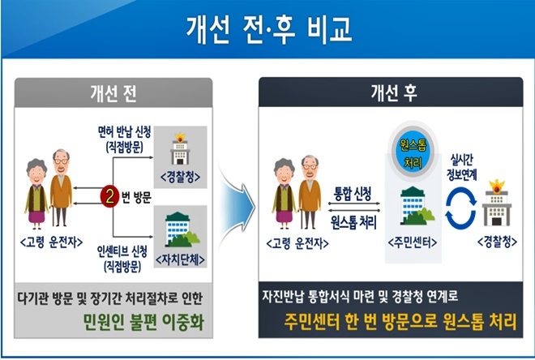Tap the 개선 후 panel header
point(392,88)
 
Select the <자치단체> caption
point(179,259)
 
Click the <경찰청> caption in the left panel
point(180,176)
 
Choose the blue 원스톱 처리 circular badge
point(410,153)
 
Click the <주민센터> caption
point(410,242)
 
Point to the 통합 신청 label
point(353,194)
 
